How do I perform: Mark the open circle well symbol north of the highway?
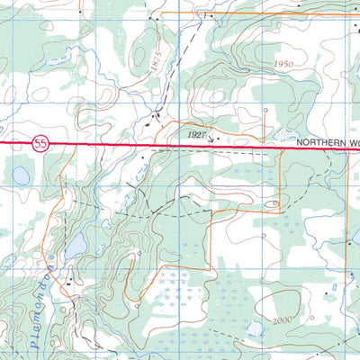tap(265, 111)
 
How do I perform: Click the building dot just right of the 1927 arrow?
tap(218, 139)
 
